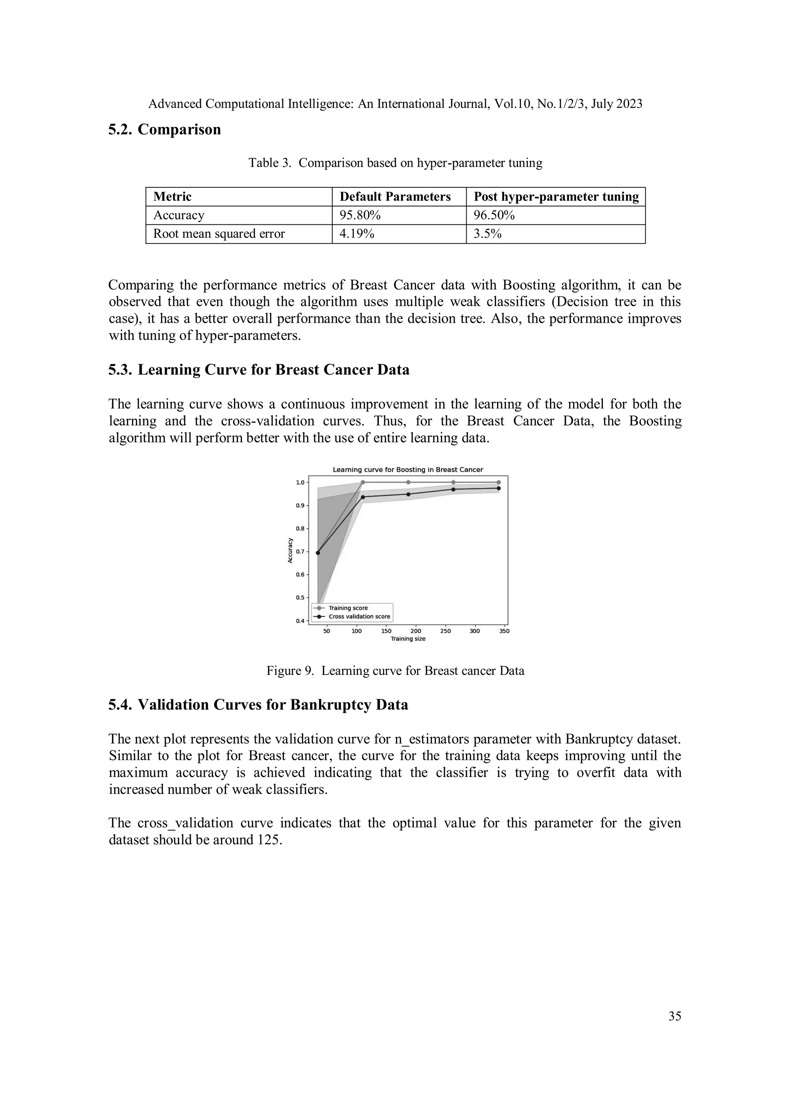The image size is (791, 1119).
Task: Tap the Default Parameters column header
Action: point(395,197)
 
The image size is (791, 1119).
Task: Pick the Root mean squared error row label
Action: point(219,234)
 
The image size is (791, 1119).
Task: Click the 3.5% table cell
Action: point(487,234)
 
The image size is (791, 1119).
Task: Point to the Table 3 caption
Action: point(395,163)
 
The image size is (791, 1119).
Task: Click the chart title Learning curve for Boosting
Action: point(407,470)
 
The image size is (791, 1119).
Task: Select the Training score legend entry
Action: point(348,608)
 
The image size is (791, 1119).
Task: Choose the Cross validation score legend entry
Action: point(359,617)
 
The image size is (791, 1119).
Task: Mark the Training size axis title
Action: point(408,639)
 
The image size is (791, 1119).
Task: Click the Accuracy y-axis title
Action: point(290,551)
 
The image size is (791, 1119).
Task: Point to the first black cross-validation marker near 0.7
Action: point(318,553)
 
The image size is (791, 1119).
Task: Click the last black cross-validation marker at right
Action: point(498,488)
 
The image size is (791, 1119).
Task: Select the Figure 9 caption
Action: point(395,671)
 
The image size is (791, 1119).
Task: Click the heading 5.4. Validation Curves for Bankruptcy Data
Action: point(258,705)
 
